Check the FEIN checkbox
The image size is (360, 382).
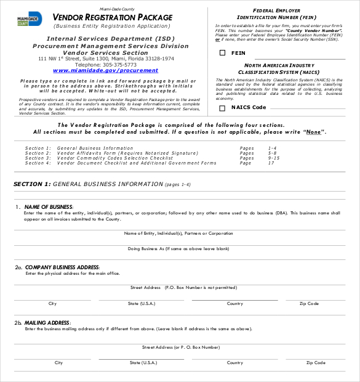pos(222,54)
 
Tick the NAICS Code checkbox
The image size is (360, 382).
pos(222,108)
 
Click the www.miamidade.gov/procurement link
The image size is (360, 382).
pos(105,71)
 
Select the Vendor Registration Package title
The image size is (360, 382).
pos(113,17)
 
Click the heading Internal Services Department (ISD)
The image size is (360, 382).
pos(111,39)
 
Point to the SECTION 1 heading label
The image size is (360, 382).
pos(32,184)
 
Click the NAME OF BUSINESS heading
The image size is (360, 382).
pos(49,207)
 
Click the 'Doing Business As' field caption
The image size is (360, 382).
pos(178,248)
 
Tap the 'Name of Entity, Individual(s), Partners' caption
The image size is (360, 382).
pos(178,234)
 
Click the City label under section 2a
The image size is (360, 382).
pos(52,304)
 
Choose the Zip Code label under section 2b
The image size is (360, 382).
pos(316,363)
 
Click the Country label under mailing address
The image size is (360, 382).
pos(234,363)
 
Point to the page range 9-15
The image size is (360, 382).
pos(274,158)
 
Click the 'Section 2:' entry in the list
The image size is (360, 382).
pos(38,153)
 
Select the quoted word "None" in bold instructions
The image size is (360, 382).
pos(314,132)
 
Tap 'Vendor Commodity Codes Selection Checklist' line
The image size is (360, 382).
pos(114,158)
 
